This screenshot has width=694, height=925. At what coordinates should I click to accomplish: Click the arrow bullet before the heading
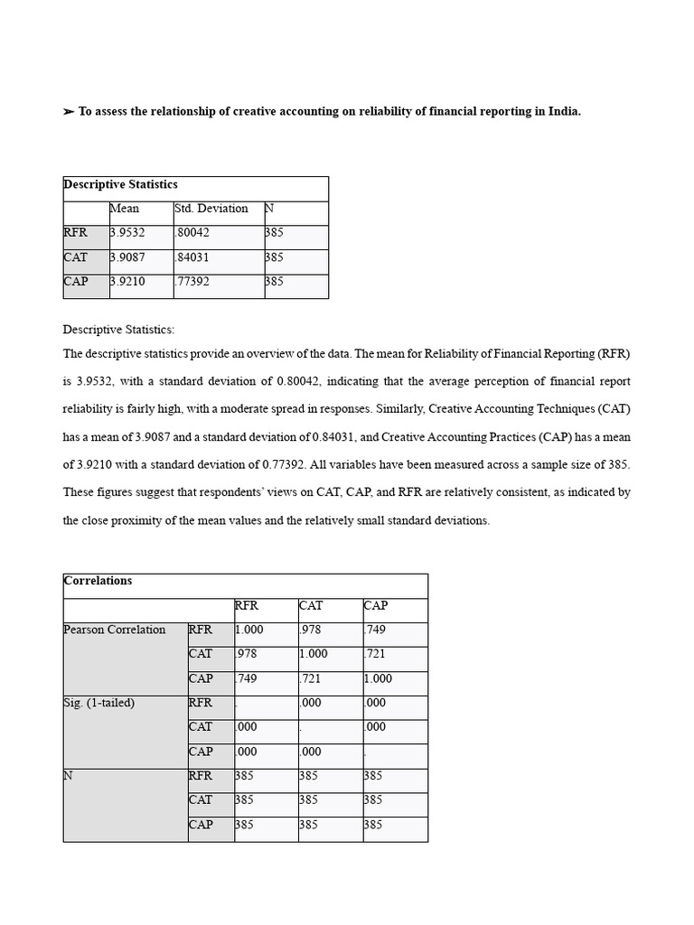[x=69, y=112]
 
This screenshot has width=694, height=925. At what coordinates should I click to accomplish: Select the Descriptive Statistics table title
[x=120, y=184]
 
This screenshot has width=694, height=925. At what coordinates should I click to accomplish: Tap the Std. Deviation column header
[x=211, y=209]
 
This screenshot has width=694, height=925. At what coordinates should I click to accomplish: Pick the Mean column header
[x=124, y=209]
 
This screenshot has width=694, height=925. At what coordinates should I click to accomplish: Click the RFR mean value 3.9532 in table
[x=127, y=233]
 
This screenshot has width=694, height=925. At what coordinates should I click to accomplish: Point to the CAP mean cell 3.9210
[x=127, y=282]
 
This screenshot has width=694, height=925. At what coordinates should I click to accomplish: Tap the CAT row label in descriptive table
[x=76, y=257]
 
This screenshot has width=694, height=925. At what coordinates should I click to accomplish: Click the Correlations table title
[x=98, y=581]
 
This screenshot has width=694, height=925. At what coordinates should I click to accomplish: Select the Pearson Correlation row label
[x=115, y=630]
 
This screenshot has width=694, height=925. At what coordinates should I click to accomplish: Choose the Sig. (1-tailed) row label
[x=99, y=703]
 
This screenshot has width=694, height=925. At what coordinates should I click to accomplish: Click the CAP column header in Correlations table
[x=376, y=605]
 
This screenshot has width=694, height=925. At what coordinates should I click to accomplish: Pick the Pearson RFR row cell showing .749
[x=376, y=630]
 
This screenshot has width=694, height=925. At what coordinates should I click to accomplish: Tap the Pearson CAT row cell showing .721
[x=376, y=654]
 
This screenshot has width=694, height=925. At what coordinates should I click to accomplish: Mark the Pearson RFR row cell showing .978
[x=311, y=630]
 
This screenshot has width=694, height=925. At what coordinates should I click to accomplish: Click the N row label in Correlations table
[x=69, y=776]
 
